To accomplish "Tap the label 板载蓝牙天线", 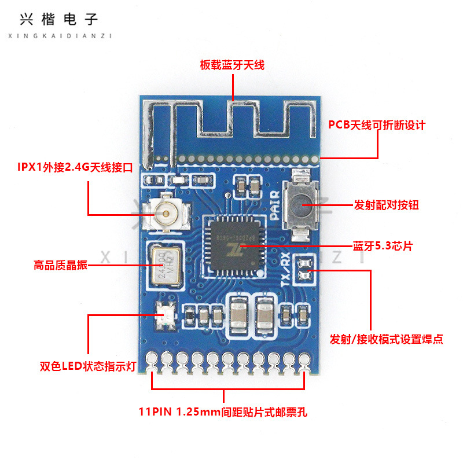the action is click(232, 65).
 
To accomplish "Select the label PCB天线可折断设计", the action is click(377, 124).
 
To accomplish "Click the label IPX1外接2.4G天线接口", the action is click(76, 168).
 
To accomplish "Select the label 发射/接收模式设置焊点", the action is click(387, 339).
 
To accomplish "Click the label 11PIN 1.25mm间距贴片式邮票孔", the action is click(227, 413).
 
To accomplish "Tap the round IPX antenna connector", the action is click(166, 215).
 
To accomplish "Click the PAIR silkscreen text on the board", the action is click(275, 206).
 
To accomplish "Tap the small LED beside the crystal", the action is click(165, 316).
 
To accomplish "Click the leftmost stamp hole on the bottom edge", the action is click(152, 359).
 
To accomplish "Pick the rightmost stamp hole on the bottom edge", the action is click(303, 359).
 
